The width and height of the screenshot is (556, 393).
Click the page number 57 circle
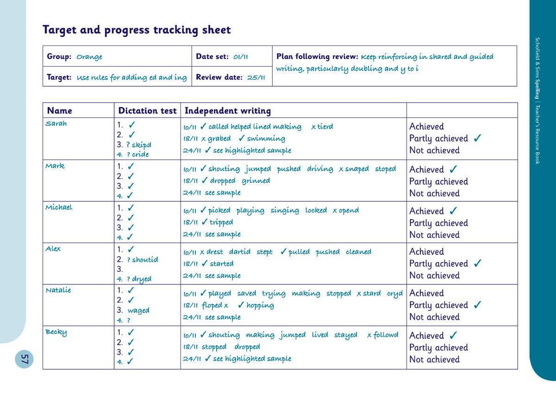pyautogui.click(x=24, y=359)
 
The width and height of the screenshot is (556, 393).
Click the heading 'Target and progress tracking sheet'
pyautogui.click(x=136, y=30)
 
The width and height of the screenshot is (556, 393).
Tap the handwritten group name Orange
pyautogui.click(x=89, y=57)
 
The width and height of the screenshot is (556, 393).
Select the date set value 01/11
pyautogui.click(x=240, y=57)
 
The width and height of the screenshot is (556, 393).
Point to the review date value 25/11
pyautogui.click(x=256, y=77)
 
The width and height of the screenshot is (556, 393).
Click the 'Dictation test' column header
pyautogui.click(x=147, y=110)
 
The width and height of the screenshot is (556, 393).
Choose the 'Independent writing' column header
pyautogui.click(x=227, y=110)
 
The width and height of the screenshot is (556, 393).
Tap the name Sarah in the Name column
pyautogui.click(x=56, y=123)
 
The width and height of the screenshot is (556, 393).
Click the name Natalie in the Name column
pyautogui.click(x=58, y=290)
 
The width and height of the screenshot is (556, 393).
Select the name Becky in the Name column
pyautogui.click(x=56, y=332)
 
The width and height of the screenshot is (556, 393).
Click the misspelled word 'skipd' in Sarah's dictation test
pyautogui.click(x=141, y=145)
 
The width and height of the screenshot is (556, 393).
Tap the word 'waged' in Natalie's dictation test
pyautogui.click(x=138, y=310)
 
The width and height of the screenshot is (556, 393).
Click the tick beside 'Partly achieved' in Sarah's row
pyautogui.click(x=478, y=138)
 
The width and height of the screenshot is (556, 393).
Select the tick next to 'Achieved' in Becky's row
pyautogui.click(x=453, y=335)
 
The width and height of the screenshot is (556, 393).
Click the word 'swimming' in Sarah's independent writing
pyautogui.click(x=266, y=138)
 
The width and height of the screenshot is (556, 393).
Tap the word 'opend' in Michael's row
pyautogui.click(x=349, y=210)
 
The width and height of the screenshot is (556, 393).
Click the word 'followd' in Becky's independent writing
pyautogui.click(x=386, y=335)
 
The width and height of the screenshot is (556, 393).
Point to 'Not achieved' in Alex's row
pyautogui.click(x=434, y=276)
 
